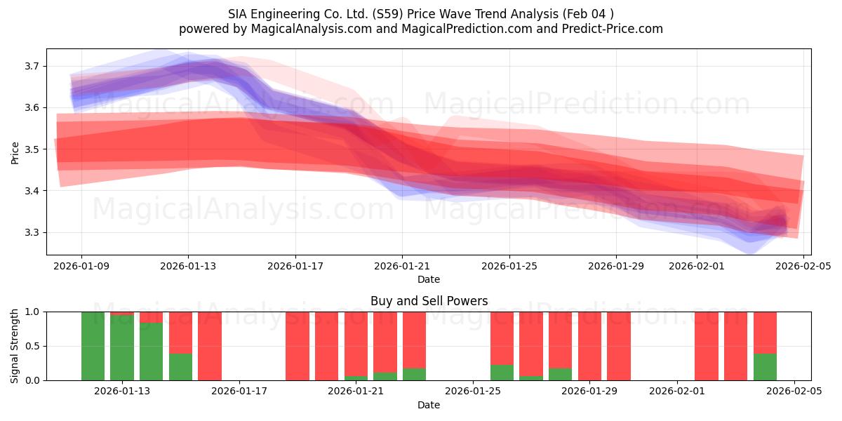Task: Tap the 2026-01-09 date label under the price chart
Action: [81, 266]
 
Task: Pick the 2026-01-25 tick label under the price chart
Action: [509, 266]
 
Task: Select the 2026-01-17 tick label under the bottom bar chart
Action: [239, 391]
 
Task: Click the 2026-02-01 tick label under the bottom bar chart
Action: [677, 391]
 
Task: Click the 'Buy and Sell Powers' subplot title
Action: [429, 301]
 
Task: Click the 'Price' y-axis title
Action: [15, 152]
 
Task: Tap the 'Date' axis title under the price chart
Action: [429, 279]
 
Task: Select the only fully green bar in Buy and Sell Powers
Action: [93, 346]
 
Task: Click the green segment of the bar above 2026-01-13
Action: [122, 349]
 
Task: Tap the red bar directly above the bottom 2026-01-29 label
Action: [589, 346]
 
